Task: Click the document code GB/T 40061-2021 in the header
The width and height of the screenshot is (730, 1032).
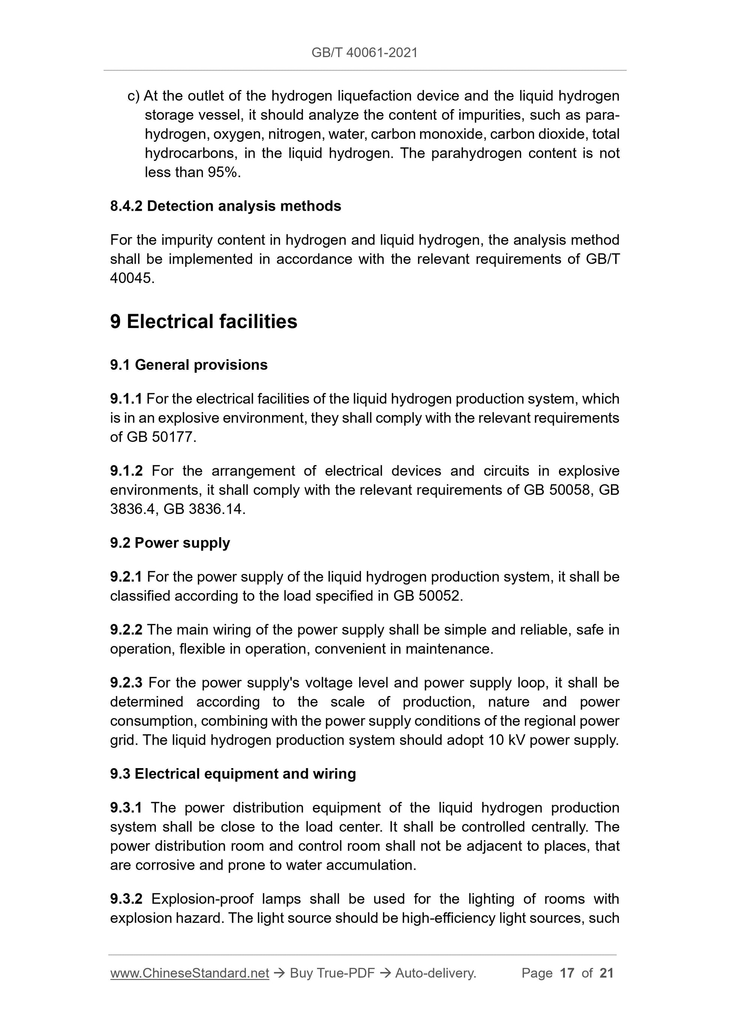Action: pos(364,53)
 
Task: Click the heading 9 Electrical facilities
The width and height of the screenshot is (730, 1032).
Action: pos(203,322)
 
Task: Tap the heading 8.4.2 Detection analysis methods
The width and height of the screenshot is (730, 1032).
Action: pos(225,206)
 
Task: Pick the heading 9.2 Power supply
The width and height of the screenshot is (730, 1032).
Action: pos(170,543)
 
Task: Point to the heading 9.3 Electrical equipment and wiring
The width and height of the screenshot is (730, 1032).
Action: pos(233,774)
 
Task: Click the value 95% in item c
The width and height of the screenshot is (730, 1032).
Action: pos(223,172)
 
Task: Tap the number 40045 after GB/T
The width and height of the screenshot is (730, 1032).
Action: pos(131,279)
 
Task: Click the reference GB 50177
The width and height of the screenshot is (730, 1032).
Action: pos(160,437)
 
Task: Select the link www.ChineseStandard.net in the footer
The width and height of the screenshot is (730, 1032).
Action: pos(189,973)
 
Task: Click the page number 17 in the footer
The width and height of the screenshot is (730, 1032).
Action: pos(567,973)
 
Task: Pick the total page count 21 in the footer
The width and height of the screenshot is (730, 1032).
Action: pos(606,973)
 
